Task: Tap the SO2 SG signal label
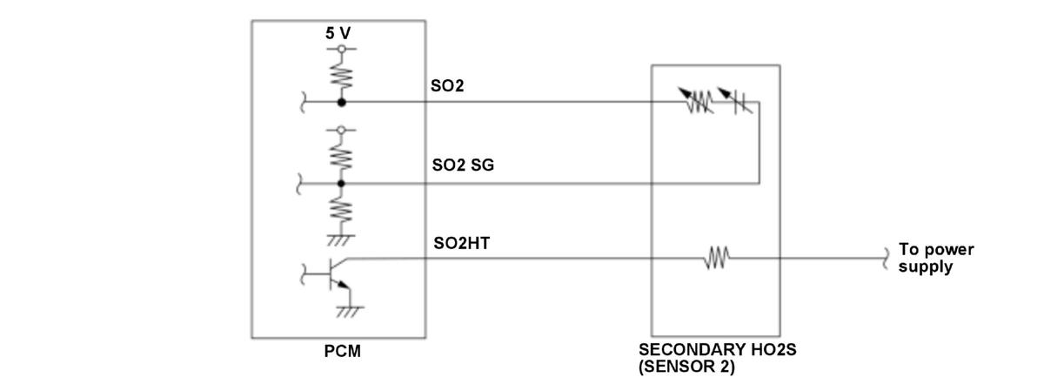point(463,165)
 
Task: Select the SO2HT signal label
point(461,243)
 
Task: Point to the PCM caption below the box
point(340,353)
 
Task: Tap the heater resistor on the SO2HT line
point(717,258)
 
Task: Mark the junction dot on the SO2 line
point(340,102)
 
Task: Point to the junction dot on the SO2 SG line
point(340,184)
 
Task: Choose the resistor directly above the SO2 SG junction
point(340,157)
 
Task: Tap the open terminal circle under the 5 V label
point(340,49)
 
